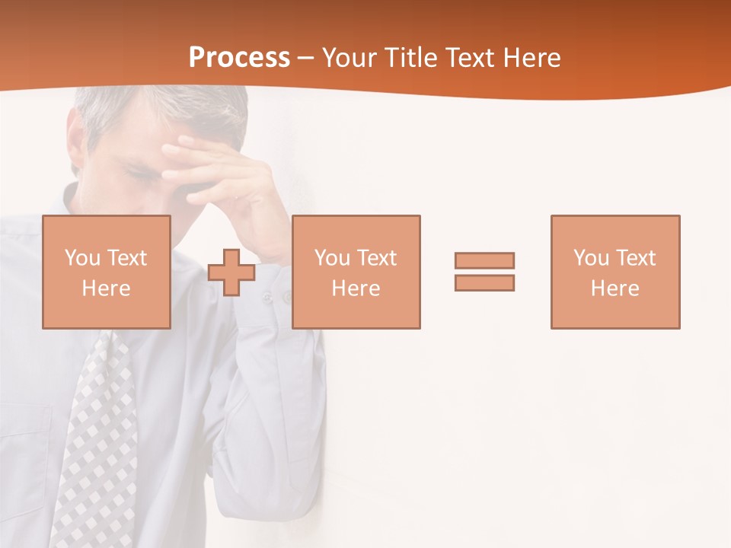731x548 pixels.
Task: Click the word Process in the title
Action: [x=239, y=57]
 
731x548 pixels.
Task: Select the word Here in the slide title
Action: [x=531, y=57]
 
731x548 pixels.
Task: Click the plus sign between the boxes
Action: [x=231, y=272]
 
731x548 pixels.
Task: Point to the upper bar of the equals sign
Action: [x=484, y=260]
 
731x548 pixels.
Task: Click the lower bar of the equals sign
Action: [x=484, y=282]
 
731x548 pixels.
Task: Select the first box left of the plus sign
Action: [x=106, y=272]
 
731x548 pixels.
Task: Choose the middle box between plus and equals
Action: [x=356, y=272]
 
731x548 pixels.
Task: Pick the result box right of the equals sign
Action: [x=614, y=272]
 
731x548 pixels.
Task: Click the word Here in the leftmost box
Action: [x=106, y=288]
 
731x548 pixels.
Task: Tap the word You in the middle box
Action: [x=332, y=258]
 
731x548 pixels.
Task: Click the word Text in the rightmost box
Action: [x=636, y=258]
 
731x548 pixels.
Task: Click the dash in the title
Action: [x=306, y=58]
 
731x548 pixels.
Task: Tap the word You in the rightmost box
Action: [x=591, y=258]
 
